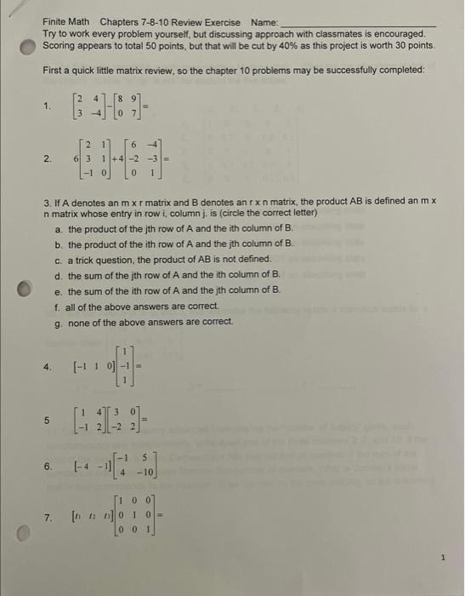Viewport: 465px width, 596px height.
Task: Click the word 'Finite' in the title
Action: tap(57, 21)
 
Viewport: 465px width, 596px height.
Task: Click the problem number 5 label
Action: tap(48, 419)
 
